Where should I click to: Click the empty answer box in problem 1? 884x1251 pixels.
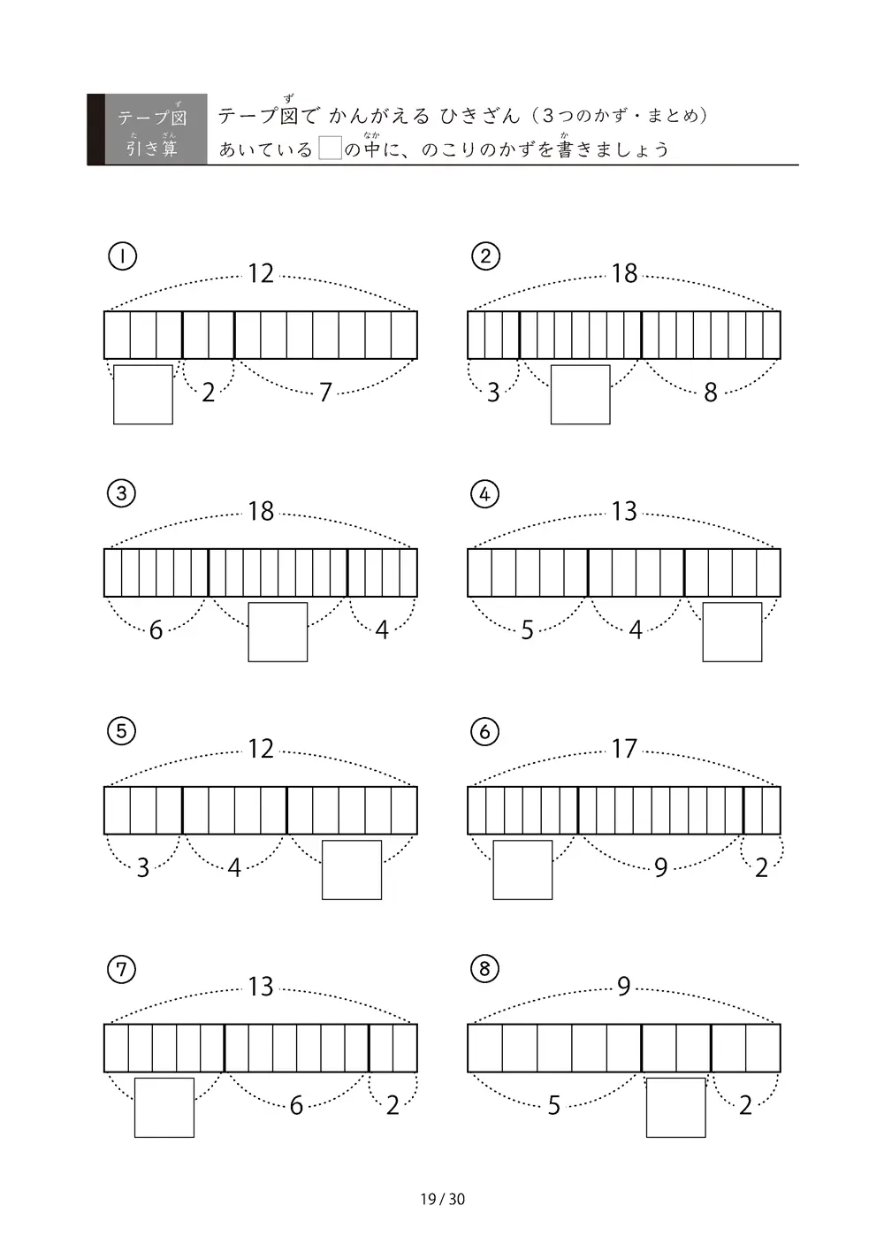143,394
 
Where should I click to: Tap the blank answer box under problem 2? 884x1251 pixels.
580,394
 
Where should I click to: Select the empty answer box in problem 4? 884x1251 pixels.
732,631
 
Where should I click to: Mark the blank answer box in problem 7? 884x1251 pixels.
164,1108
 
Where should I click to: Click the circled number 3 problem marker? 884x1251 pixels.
122,493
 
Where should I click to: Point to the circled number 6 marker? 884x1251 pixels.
484,731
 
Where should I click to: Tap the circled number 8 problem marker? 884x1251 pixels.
484,969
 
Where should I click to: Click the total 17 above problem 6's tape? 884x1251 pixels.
624,749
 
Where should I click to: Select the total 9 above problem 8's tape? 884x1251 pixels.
624,987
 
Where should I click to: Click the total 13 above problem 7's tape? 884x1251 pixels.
261,987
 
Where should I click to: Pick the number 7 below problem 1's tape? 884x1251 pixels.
325,393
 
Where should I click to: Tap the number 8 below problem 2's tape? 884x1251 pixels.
711,393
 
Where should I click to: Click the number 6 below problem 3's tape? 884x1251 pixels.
156,630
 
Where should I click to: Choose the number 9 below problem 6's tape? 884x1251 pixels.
661,868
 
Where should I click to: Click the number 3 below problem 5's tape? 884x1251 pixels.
143,868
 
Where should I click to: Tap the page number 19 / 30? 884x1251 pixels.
442,1199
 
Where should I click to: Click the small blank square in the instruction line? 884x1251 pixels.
330,149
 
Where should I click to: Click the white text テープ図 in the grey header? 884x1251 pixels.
152,118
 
